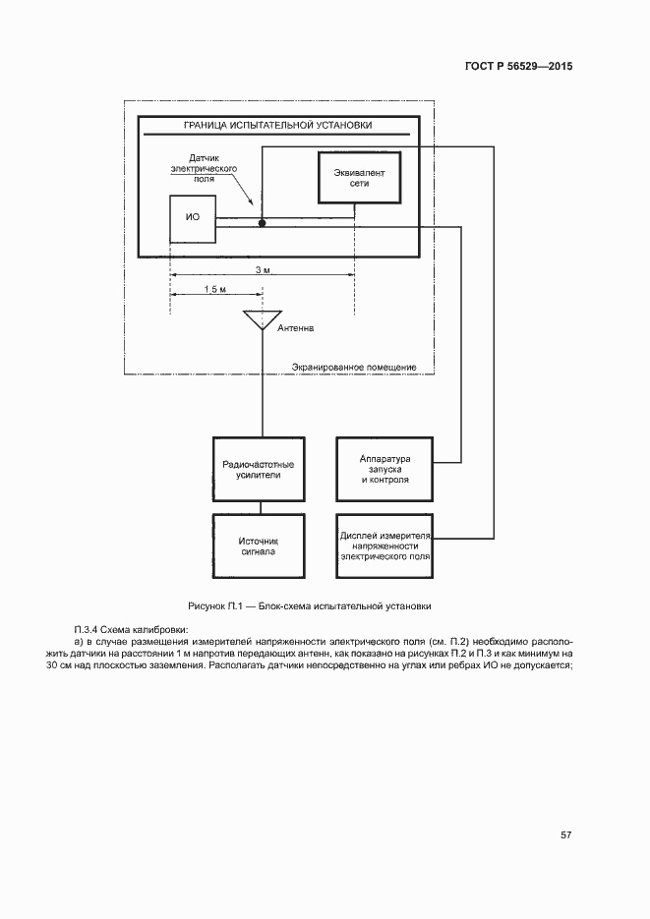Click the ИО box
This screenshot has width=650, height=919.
193,219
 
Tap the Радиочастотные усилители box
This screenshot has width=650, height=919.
260,468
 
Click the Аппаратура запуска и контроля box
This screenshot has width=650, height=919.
384,468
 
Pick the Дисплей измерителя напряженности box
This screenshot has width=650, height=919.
384,546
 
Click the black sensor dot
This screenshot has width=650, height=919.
262,224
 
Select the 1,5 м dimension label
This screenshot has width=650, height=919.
215,289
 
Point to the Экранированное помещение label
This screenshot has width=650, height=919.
354,367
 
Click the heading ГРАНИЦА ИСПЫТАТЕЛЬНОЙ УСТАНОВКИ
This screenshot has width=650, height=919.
278,126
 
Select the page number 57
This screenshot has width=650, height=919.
566,834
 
